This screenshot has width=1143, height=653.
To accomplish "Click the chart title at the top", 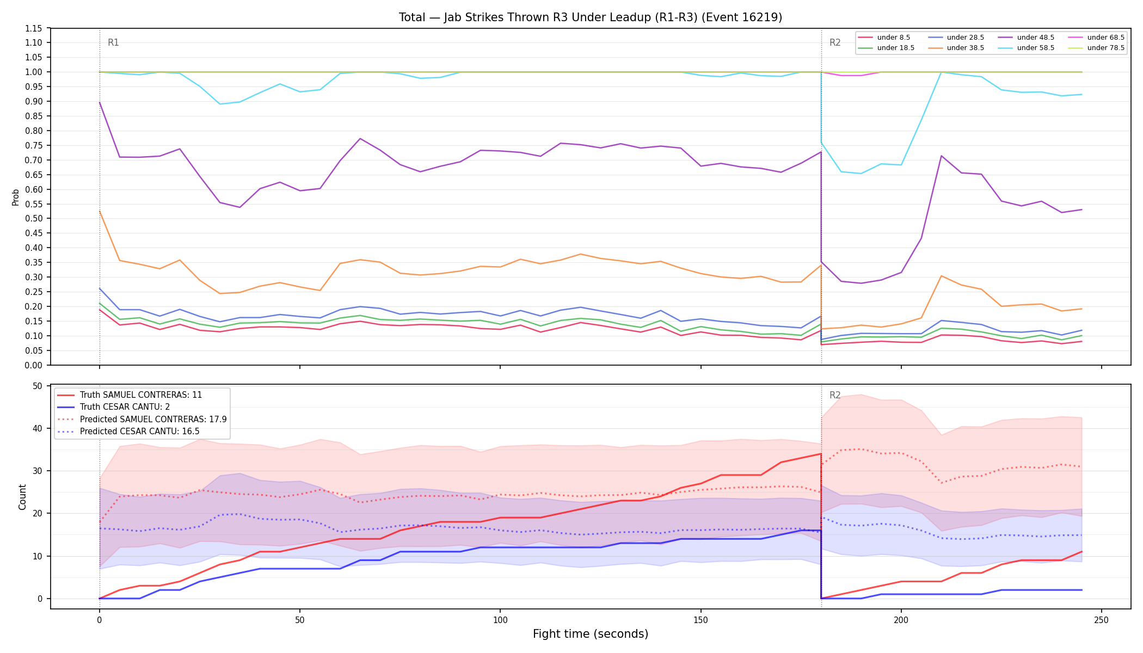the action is [591, 17].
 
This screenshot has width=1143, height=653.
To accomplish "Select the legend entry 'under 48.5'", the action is [1026, 38].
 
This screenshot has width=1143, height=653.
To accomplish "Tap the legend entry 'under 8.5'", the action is [884, 38].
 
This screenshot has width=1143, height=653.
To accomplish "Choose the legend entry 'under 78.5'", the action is [1096, 48].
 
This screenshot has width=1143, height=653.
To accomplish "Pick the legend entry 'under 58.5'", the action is [1026, 48].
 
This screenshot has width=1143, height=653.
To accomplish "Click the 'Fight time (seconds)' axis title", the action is [591, 634].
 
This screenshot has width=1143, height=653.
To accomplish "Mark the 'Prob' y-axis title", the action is [15, 197].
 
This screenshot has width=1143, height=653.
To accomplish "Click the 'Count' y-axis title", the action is [22, 497].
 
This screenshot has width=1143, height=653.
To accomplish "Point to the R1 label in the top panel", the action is [113, 42].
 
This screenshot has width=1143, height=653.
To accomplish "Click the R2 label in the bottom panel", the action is [835, 395].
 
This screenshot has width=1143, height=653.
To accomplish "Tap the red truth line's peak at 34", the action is [821, 454].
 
